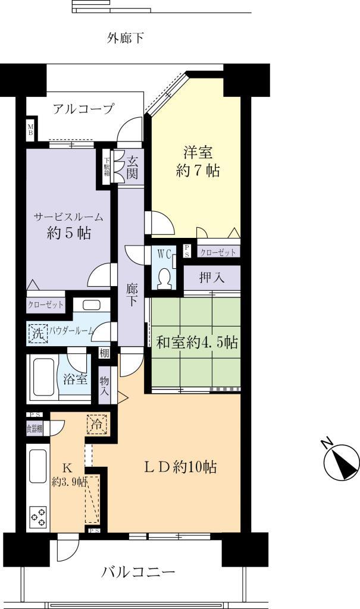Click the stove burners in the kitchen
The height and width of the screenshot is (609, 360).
[x=38, y=517]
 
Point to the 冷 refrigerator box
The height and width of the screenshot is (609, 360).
[x=96, y=425]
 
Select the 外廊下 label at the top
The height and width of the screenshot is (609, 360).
[x=126, y=39]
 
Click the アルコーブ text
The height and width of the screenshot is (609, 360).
[x=83, y=109]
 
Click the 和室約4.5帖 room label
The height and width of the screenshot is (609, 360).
[x=197, y=343]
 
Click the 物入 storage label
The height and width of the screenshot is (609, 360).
[x=105, y=385]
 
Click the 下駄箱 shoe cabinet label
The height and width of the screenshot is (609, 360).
[x=108, y=167]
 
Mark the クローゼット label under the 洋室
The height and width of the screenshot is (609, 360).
[x=218, y=253]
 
